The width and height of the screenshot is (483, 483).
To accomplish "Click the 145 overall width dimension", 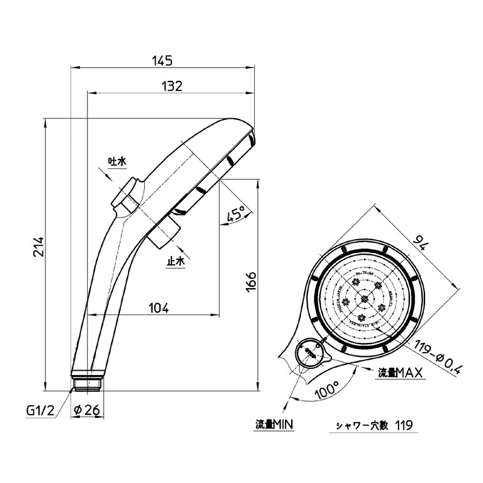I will pos(164,60).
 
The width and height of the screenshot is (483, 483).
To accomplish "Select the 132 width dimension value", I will pos(172,86).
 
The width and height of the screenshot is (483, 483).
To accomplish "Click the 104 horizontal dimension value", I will pos(158,308).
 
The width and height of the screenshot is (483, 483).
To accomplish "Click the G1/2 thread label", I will pos(40,411).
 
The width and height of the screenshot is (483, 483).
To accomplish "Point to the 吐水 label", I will pos(117,161).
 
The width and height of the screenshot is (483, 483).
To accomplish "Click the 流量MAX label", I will pos(399,373).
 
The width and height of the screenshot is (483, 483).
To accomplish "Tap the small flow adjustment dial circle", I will pos(310,353).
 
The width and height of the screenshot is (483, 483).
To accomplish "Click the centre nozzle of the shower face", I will pos(364,298).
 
